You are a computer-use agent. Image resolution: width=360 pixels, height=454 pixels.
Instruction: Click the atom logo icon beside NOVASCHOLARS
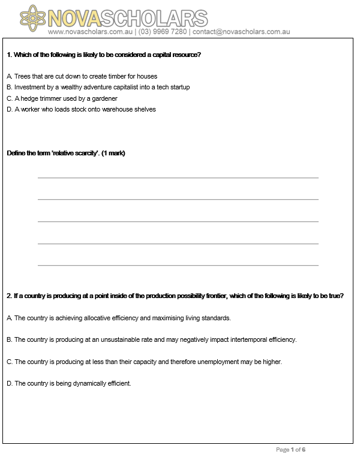[34, 17]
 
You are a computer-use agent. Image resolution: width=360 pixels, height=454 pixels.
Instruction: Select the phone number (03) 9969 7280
[163, 31]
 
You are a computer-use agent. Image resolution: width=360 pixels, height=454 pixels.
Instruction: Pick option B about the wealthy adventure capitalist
[98, 87]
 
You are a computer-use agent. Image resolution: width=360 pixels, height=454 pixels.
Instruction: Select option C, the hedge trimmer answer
[62, 98]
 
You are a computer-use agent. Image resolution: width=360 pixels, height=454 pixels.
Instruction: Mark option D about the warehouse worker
[82, 109]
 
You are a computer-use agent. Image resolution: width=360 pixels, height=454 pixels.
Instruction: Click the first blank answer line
[178, 178]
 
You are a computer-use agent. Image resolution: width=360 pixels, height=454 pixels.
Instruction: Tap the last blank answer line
[178, 265]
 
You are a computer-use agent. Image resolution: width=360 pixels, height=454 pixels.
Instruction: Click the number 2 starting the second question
[8, 296]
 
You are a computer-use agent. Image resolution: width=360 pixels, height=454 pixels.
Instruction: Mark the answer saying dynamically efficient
[69, 383]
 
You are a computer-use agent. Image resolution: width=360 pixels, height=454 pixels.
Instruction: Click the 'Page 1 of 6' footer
[291, 449]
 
